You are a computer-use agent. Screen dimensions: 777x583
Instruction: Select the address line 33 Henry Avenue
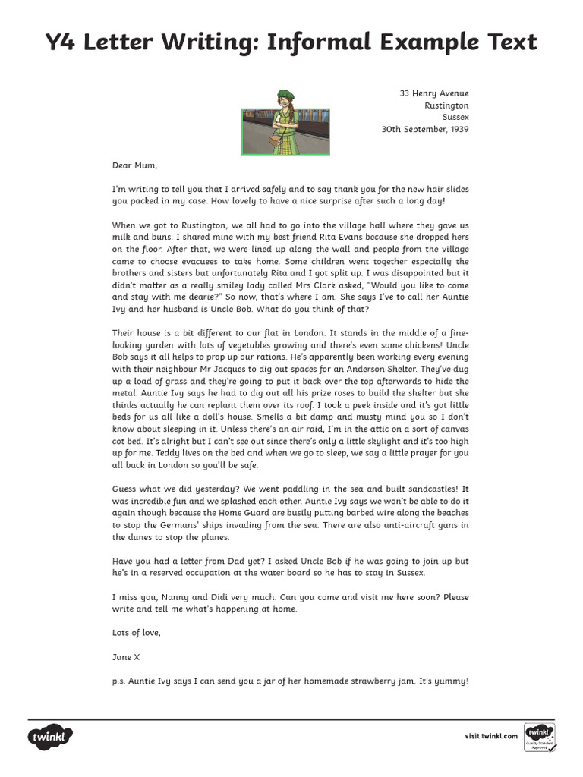[434, 93]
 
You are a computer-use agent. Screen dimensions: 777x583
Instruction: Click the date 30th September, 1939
[425, 129]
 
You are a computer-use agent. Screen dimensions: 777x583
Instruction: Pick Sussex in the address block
[455, 118]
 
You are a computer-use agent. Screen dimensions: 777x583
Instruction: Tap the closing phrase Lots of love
[137, 633]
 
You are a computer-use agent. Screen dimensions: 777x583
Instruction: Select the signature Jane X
[126, 657]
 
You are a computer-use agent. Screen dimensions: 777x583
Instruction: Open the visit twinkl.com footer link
[491, 736]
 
